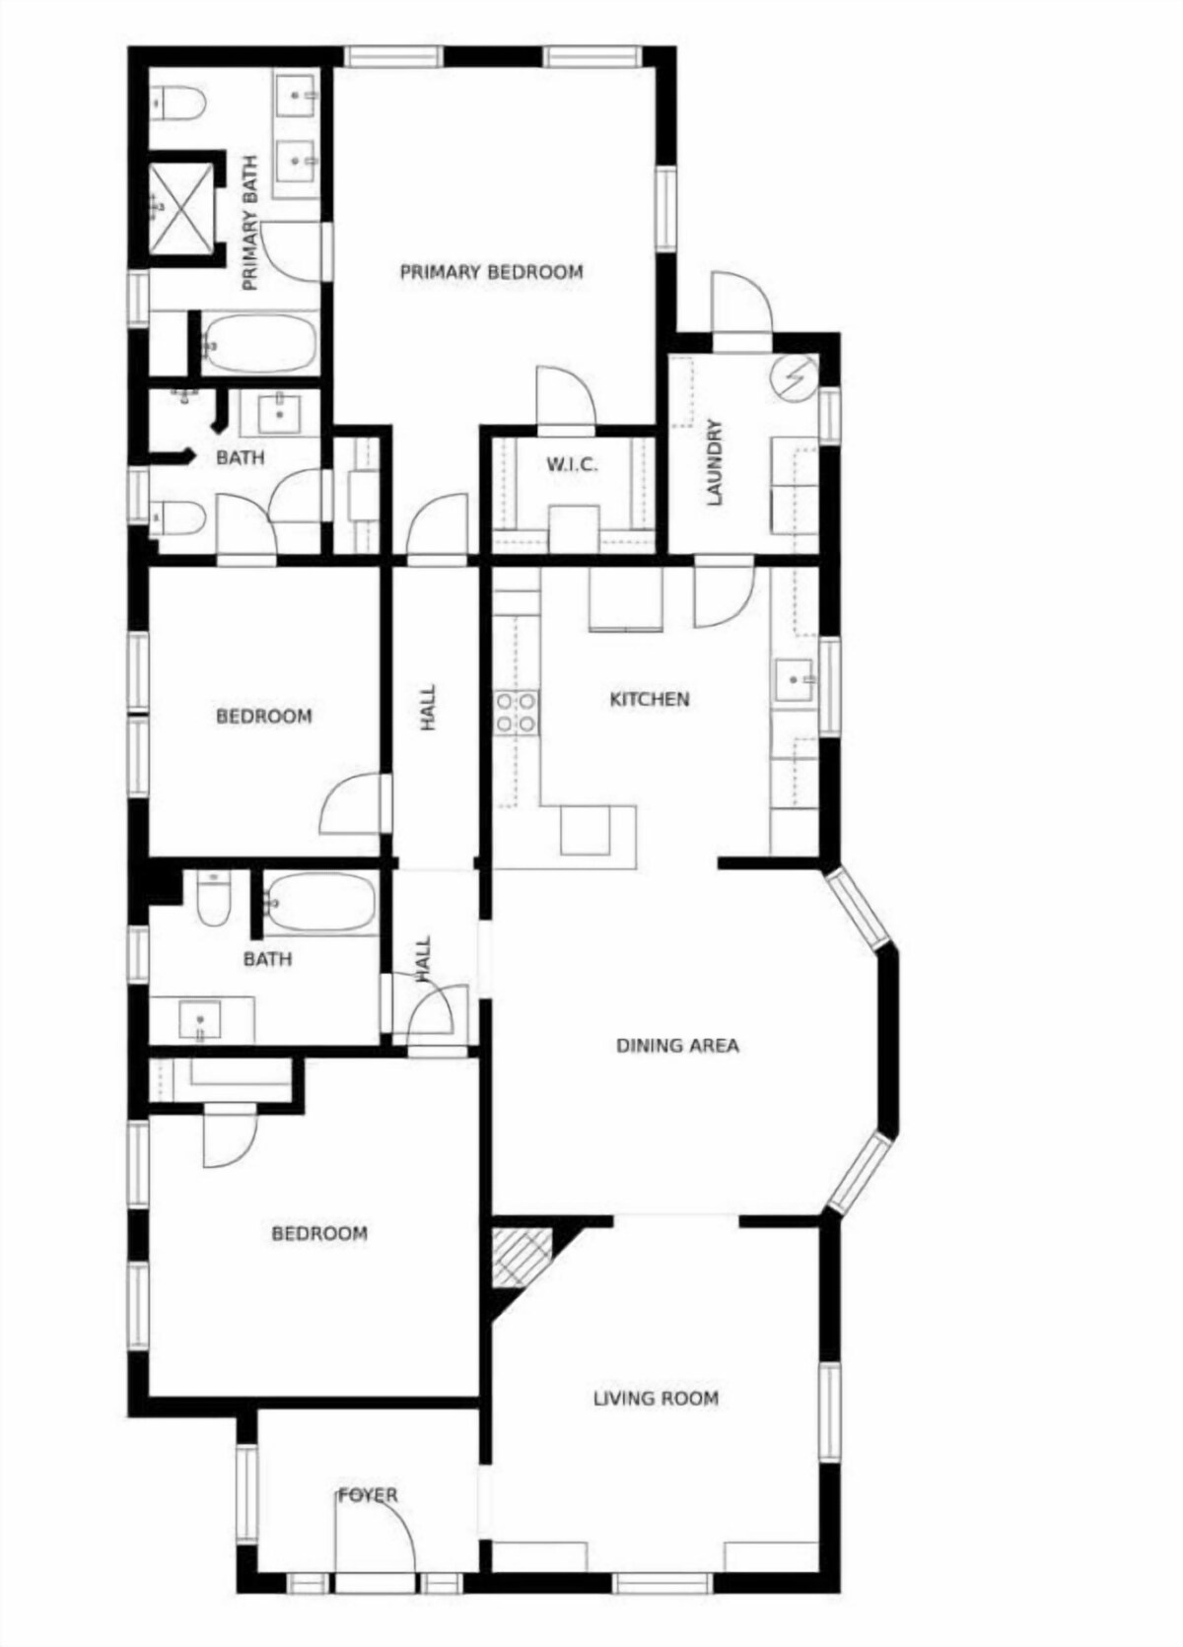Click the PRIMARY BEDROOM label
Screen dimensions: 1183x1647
491,272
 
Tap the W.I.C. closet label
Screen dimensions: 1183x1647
572,464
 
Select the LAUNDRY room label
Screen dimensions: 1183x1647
715,462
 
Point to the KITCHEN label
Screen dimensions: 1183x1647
650,699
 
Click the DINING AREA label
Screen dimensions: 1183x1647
677,1045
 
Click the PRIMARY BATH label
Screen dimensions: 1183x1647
250,223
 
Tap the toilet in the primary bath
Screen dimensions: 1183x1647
177,103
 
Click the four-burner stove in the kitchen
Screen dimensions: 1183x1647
517,712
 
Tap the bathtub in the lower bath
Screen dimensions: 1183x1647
320,903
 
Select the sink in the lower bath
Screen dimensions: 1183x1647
200,1020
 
